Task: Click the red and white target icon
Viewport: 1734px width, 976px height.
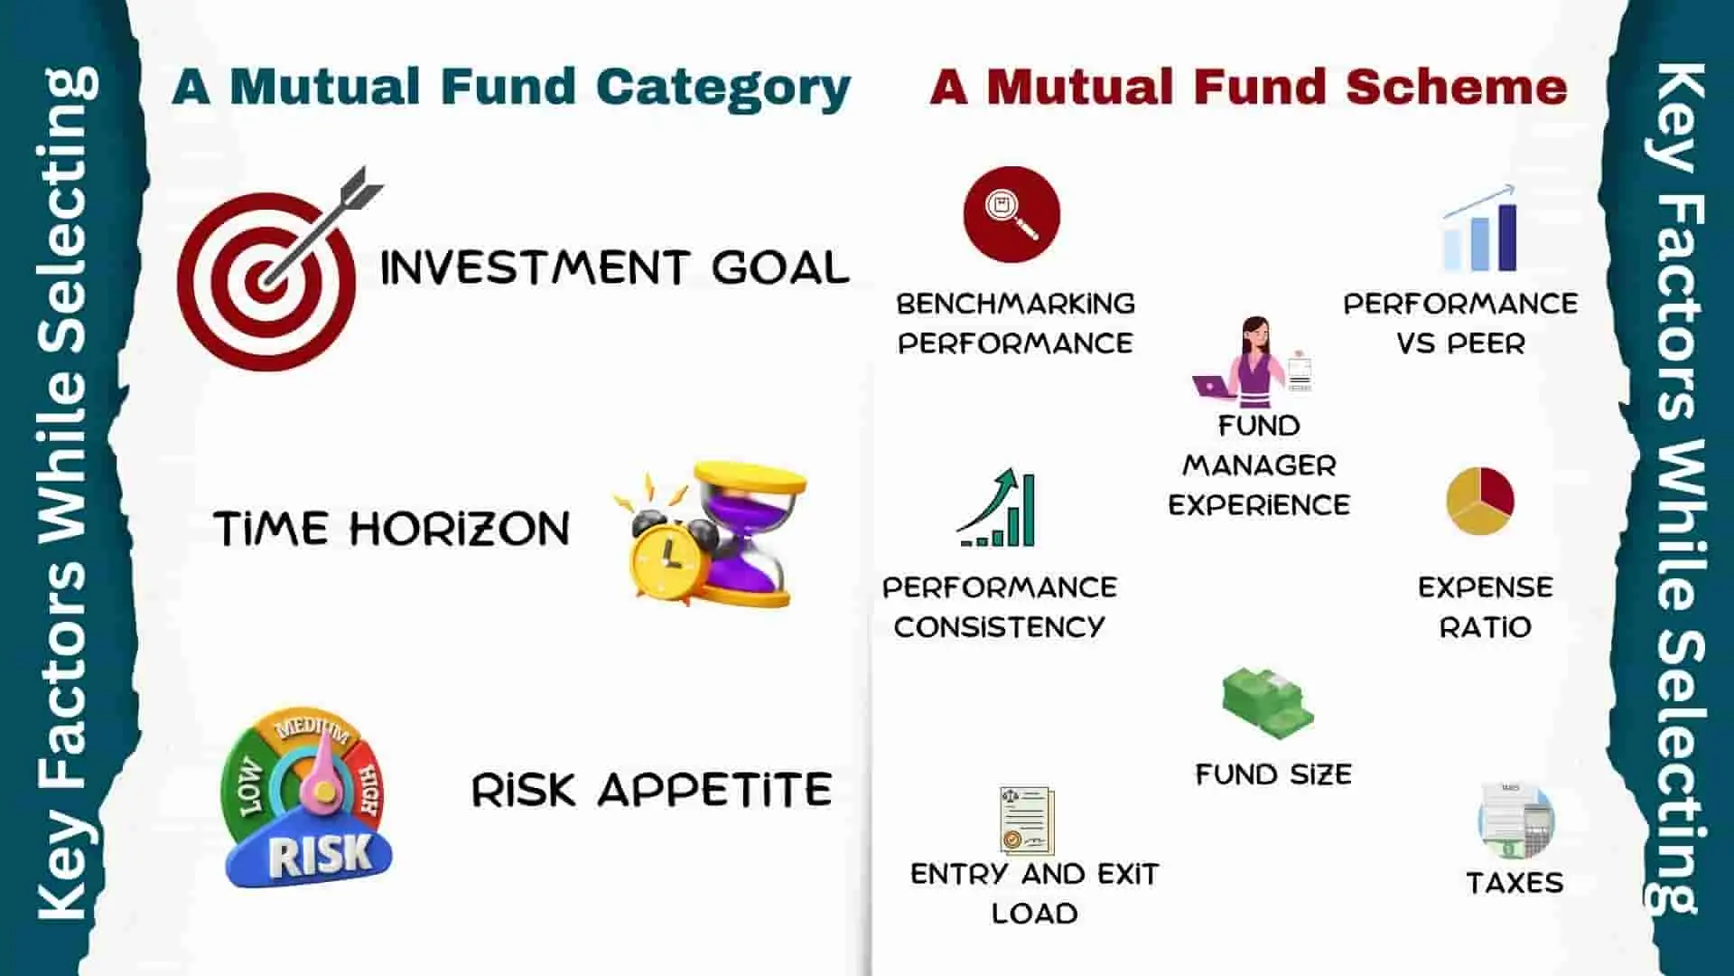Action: coord(266,281)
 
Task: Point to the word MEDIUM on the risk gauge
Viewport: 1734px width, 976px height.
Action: coord(312,728)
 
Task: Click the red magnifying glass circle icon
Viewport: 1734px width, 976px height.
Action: coord(1011,214)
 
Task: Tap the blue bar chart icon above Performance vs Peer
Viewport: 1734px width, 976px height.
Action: coord(1479,229)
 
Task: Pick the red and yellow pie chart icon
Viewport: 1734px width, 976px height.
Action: coord(1479,501)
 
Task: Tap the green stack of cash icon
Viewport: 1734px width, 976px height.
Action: coord(1267,703)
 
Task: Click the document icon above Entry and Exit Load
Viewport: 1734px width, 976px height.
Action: coord(1027,821)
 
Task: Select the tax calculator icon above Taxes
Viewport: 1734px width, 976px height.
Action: coord(1515,821)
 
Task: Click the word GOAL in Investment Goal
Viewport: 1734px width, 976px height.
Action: coord(780,268)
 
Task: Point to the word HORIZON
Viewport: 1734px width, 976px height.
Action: coord(460,529)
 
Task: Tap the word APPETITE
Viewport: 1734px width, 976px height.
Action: coord(715,790)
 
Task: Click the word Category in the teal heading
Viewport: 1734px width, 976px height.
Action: coord(722,89)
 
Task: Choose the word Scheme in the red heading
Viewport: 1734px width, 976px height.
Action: coord(1456,87)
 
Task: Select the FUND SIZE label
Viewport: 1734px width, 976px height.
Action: coord(1273,774)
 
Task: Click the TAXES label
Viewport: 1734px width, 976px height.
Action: coord(1515,883)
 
